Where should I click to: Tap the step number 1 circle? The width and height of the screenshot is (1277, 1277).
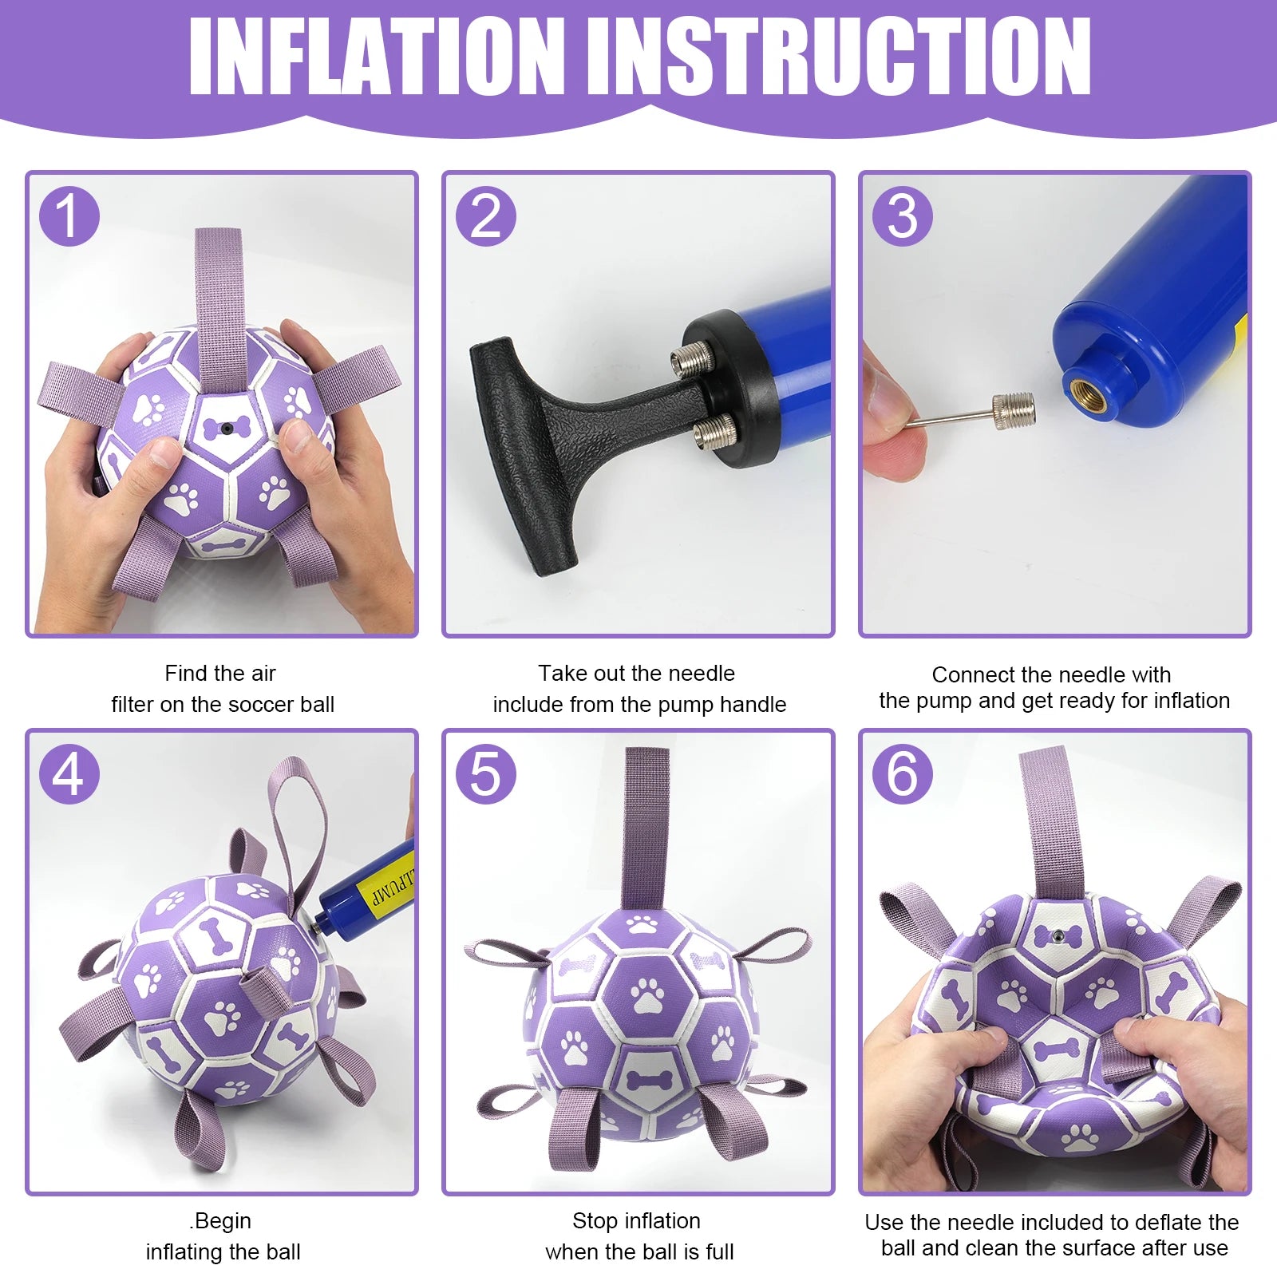click(x=69, y=216)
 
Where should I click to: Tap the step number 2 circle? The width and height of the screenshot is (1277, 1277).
click(x=486, y=216)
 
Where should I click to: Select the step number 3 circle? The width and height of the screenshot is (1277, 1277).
click(x=903, y=216)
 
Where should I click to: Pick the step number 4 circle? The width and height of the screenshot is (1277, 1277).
click(x=69, y=773)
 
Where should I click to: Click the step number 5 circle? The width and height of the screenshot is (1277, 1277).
click(x=486, y=773)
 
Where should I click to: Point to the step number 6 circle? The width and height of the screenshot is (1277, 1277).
click(x=903, y=773)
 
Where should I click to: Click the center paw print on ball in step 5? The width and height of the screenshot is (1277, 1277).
click(x=647, y=996)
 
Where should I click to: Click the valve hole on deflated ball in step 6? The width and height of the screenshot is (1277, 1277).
click(x=1057, y=935)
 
